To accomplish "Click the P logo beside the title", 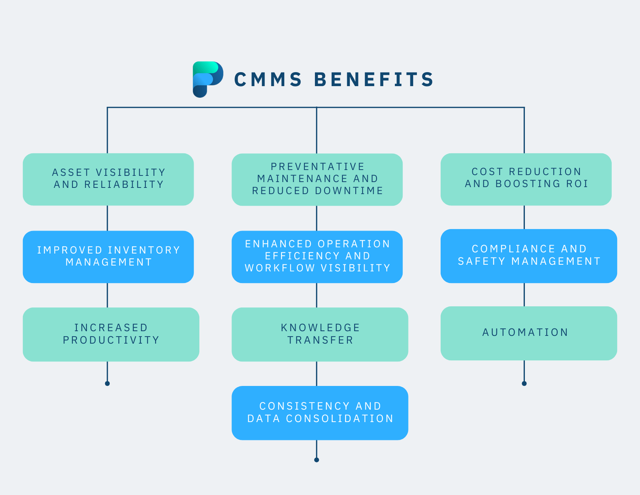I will tap(207, 79).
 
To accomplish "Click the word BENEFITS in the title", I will tap(374, 79).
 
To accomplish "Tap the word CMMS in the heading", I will tap(268, 79).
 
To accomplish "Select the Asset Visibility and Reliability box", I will tap(108, 179).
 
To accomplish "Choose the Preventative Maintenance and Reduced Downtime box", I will tap(317, 179).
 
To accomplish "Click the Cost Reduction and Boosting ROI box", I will tap(526, 179).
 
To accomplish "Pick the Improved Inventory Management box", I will tap(108, 257).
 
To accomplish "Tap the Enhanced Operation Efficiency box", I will tap(317, 257).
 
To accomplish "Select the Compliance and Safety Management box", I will tap(529, 256).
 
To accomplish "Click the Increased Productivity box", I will tap(111, 334).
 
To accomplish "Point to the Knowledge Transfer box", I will tap(320, 334).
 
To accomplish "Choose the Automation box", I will tap(529, 333).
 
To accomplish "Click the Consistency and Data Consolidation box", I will tap(320, 413).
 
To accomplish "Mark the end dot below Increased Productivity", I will tap(107, 384).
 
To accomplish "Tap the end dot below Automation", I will tap(524, 384).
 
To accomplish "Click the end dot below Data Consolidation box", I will tap(316, 460).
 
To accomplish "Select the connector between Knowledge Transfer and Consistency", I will tap(316, 374).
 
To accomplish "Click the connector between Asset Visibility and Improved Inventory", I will tap(107, 218).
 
